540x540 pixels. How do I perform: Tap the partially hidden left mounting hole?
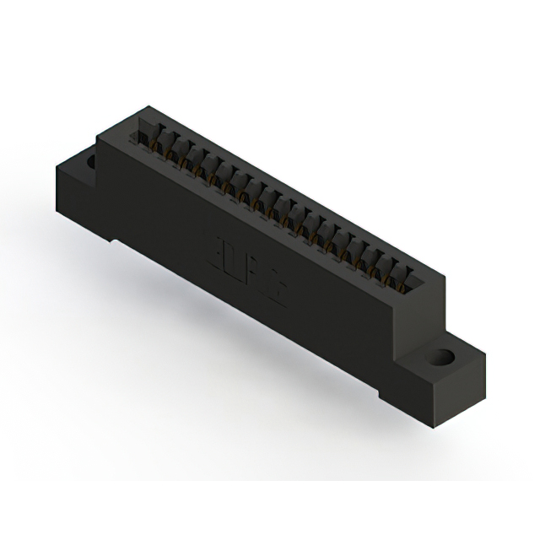(89, 157)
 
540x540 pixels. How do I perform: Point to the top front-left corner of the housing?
(99, 138)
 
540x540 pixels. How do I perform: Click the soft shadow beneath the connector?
(253, 354)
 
